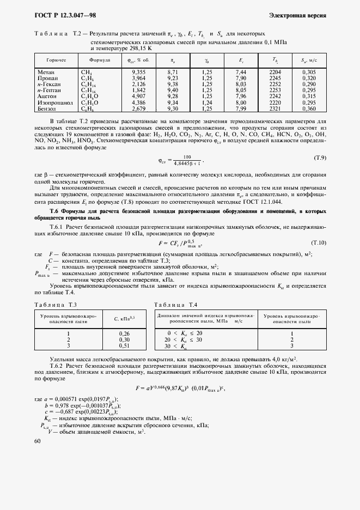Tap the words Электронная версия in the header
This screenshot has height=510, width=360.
click(x=297, y=15)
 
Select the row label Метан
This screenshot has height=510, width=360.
click(x=46, y=72)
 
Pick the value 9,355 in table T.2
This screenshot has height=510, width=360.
click(x=138, y=72)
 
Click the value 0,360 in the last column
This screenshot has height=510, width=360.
click(x=308, y=108)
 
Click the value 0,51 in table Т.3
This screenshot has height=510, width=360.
click(x=124, y=345)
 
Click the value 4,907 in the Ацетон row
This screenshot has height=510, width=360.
click(x=138, y=96)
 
